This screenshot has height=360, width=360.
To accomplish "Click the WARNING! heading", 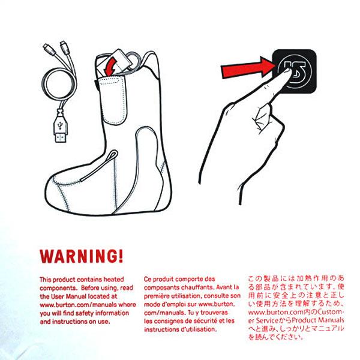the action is pyautogui.click(x=81, y=256).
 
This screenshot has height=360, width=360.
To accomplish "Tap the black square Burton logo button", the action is pyautogui.click(x=295, y=71).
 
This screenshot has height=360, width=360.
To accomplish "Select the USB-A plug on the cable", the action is pyautogui.click(x=61, y=128).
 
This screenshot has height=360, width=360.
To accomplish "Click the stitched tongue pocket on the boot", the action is pyautogui.click(x=113, y=100).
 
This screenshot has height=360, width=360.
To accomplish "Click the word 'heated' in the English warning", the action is pyautogui.click(x=113, y=279).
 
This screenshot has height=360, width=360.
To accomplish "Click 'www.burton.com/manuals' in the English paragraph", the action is pyautogui.click(x=78, y=305).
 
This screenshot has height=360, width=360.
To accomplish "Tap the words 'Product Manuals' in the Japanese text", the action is pyautogui.click(x=318, y=320).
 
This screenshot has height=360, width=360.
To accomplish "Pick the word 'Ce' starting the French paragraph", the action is pyautogui.click(x=148, y=279).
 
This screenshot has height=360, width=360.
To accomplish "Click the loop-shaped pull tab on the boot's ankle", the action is pyautogui.click(x=101, y=164).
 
